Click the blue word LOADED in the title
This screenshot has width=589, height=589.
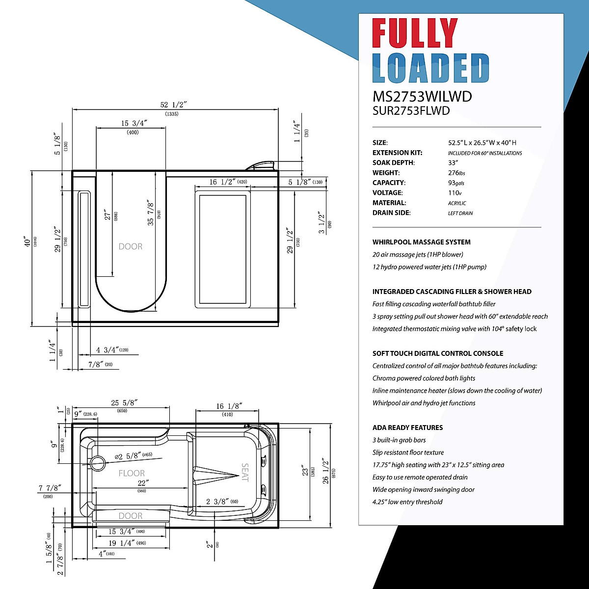430,68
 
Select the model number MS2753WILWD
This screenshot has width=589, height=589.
422,96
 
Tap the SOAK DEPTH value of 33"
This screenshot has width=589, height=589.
453,162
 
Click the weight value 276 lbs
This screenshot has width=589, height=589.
456,173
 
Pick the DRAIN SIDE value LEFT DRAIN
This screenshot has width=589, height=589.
460,213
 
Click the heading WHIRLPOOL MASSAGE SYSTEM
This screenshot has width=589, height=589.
421,242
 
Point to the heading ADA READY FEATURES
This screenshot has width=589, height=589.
407,428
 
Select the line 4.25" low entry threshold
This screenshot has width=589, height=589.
407,502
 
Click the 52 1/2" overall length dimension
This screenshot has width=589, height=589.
174,105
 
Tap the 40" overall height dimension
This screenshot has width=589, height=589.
32,242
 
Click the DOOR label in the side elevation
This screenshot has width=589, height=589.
131,246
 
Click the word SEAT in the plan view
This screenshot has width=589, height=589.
245,472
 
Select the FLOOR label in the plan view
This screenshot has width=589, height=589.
132,473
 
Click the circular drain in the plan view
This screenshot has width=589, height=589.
98,462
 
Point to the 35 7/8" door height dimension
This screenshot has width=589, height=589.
151,212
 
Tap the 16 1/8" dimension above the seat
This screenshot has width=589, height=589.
229,406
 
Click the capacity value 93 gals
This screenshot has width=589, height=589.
456,183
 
